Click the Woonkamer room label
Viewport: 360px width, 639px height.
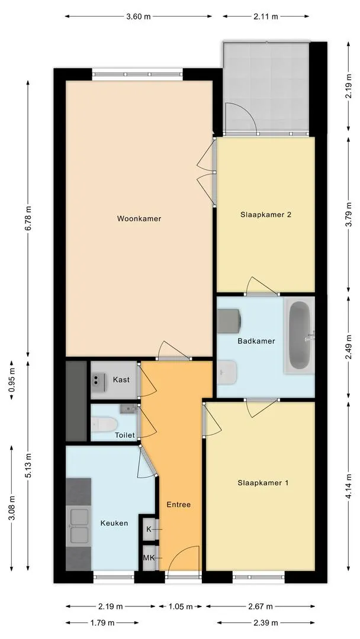(x=139, y=219)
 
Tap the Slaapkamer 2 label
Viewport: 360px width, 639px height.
(x=266, y=215)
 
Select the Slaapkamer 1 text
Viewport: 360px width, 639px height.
(x=263, y=483)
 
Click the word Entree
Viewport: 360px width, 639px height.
(x=178, y=505)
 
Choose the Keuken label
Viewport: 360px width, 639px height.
(x=114, y=523)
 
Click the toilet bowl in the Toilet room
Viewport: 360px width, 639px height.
(x=103, y=424)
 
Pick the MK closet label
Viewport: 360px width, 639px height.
(x=148, y=557)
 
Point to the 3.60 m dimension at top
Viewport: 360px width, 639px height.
(x=138, y=17)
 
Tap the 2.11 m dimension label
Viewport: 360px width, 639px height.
(x=266, y=17)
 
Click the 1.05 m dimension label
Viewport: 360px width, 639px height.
(x=181, y=606)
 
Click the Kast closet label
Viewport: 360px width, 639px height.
(x=121, y=380)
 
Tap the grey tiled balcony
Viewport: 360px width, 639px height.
(x=266, y=86)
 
